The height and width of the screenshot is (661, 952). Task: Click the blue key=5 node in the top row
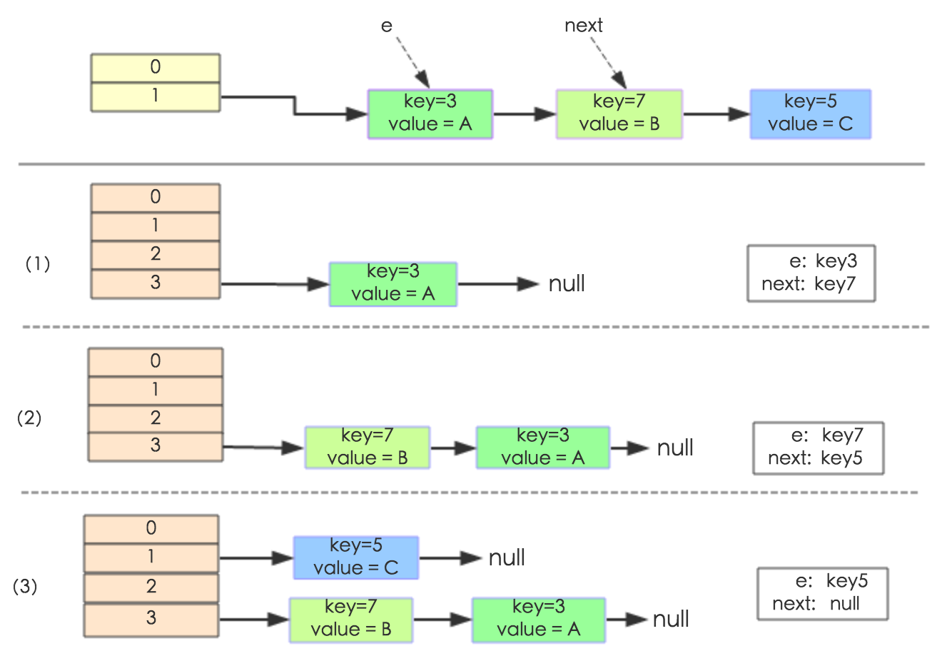[x=810, y=114]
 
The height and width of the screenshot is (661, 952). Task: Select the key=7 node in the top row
[x=619, y=114]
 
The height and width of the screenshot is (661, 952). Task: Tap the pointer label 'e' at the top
[x=387, y=26]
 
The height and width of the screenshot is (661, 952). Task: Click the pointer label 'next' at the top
[x=583, y=26]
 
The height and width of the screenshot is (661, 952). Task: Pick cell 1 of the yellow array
[x=155, y=96]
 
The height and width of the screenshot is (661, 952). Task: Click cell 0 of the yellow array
[x=155, y=68]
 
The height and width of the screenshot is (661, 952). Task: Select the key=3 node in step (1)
[x=393, y=284]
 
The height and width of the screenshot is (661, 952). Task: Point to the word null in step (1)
[x=567, y=284]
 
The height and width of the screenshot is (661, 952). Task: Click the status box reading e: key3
[x=811, y=273]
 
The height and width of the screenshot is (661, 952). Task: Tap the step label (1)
[x=38, y=264]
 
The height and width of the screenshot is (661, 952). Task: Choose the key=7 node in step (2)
[x=367, y=448]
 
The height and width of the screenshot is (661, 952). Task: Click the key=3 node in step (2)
[x=542, y=448]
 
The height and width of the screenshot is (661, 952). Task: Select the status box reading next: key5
[x=818, y=448]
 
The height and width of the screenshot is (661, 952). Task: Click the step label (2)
[x=29, y=418]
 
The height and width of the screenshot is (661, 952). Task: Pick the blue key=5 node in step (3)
[x=355, y=557]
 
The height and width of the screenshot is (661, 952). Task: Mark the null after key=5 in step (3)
[x=507, y=557]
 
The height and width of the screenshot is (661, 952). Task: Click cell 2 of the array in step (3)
[x=151, y=587]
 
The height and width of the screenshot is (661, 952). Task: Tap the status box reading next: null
[x=822, y=593]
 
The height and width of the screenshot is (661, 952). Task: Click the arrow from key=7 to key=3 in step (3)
[x=442, y=620]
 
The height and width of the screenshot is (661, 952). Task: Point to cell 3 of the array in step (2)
[x=155, y=446]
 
